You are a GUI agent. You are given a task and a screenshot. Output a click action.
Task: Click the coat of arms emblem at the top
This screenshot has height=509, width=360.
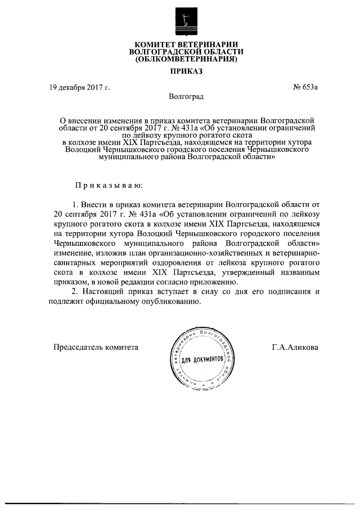(184, 20)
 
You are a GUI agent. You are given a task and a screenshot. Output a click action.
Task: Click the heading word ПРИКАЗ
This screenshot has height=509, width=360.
(184, 71)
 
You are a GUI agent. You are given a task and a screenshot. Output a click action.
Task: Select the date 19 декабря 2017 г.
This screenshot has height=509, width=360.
(79, 87)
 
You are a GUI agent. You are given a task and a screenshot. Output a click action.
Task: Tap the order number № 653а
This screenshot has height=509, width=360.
(306, 87)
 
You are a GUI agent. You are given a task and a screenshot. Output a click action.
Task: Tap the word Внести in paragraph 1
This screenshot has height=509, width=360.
(96, 205)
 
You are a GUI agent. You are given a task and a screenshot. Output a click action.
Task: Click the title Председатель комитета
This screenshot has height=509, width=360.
(96, 347)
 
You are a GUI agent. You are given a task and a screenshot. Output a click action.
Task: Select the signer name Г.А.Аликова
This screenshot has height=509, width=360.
(295, 347)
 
